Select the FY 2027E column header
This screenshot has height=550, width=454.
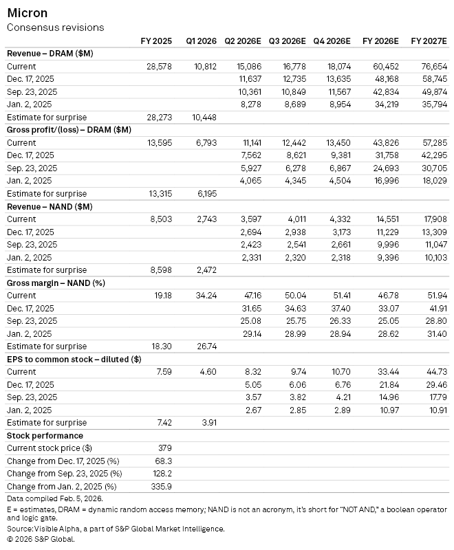pos(429,41)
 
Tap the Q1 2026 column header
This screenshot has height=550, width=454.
pos(201,41)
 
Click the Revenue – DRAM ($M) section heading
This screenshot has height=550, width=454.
pos(50,54)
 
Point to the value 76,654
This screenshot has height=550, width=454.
pos(433,67)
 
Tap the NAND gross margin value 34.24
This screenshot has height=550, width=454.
pos(206,296)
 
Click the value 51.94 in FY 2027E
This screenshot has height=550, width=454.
pos(436,296)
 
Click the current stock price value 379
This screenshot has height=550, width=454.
pos(165,448)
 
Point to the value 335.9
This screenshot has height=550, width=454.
pos(162,486)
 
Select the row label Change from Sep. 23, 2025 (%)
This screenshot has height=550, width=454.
pos(64,474)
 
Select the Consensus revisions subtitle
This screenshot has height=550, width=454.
pos(55,27)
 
